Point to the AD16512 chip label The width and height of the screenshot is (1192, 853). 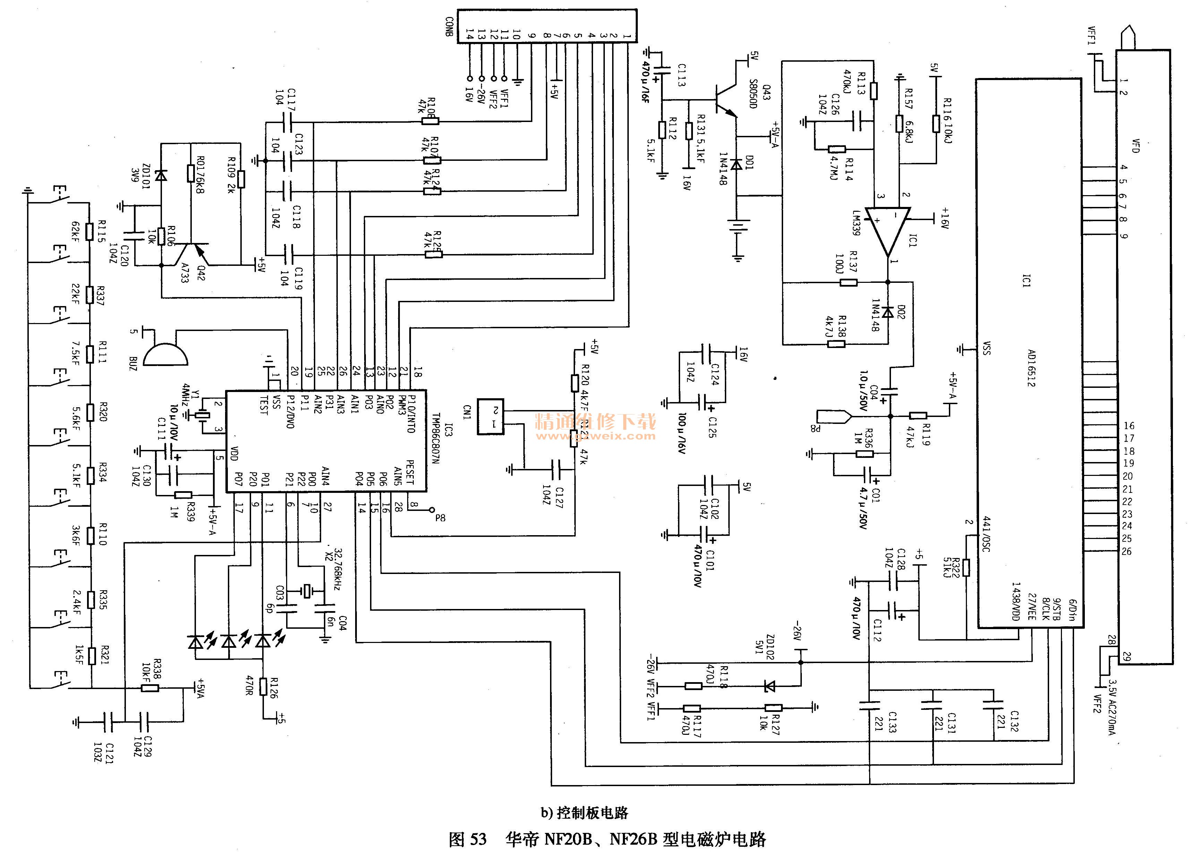[1031, 368]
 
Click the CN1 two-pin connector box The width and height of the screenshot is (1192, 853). [490, 417]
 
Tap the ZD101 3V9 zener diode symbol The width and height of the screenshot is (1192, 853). [161, 175]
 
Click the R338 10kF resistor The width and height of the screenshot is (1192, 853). [150, 688]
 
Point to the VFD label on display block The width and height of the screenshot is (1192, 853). [1135, 146]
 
